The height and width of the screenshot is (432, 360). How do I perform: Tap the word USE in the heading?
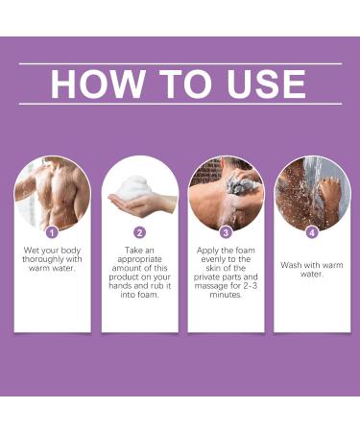[x=266, y=84]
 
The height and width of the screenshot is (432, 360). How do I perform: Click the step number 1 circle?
[x=52, y=232]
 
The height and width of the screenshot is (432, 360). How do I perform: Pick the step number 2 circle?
[x=139, y=232]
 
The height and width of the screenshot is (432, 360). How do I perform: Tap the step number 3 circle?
[x=226, y=232]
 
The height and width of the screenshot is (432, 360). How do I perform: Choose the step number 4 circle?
[x=312, y=232]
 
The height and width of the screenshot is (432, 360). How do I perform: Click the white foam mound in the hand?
[x=133, y=187]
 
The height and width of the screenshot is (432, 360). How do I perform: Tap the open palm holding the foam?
[x=142, y=204]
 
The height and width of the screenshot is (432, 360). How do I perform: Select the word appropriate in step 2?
[x=139, y=259]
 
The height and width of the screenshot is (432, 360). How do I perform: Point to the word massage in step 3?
[x=211, y=286]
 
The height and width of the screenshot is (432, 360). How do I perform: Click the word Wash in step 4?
[x=291, y=265]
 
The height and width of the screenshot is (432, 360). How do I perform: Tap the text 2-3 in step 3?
[x=250, y=285]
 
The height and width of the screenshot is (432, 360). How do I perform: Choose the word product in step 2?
[x=123, y=277]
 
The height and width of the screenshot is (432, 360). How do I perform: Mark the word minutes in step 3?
[x=226, y=295]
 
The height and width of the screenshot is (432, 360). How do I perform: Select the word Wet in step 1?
[x=32, y=251]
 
